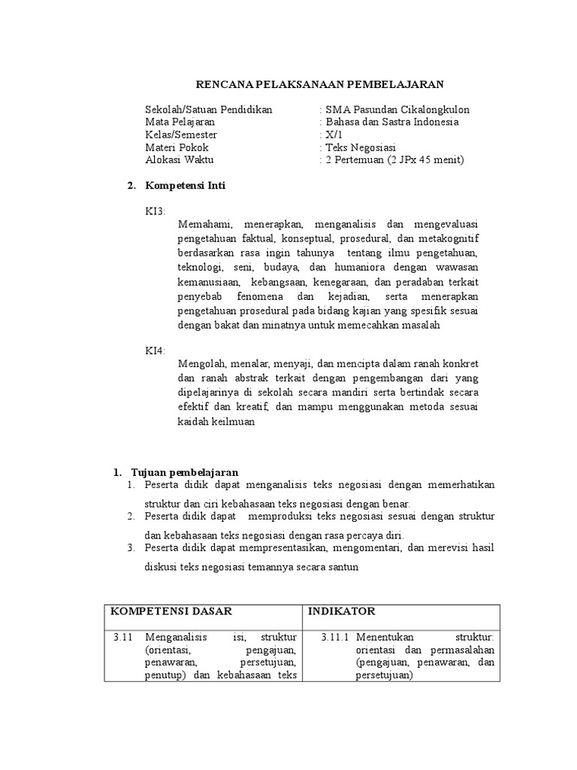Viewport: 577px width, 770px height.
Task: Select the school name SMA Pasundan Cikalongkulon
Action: coord(397,109)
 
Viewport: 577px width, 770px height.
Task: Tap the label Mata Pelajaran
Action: coord(180,122)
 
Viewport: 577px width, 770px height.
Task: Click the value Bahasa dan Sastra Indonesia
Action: coord(391,122)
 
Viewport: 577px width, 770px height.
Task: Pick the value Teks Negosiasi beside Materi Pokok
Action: coord(360,147)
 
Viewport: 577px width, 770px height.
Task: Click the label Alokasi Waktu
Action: coord(179,160)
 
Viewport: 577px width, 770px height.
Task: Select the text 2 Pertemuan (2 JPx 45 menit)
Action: coord(394,160)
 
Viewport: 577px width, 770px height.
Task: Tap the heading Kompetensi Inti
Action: coord(185,185)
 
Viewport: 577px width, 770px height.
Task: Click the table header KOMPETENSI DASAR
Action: coord(171,611)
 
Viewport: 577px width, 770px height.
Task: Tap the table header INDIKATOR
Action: coord(342,611)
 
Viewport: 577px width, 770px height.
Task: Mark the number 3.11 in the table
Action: coord(122,637)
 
